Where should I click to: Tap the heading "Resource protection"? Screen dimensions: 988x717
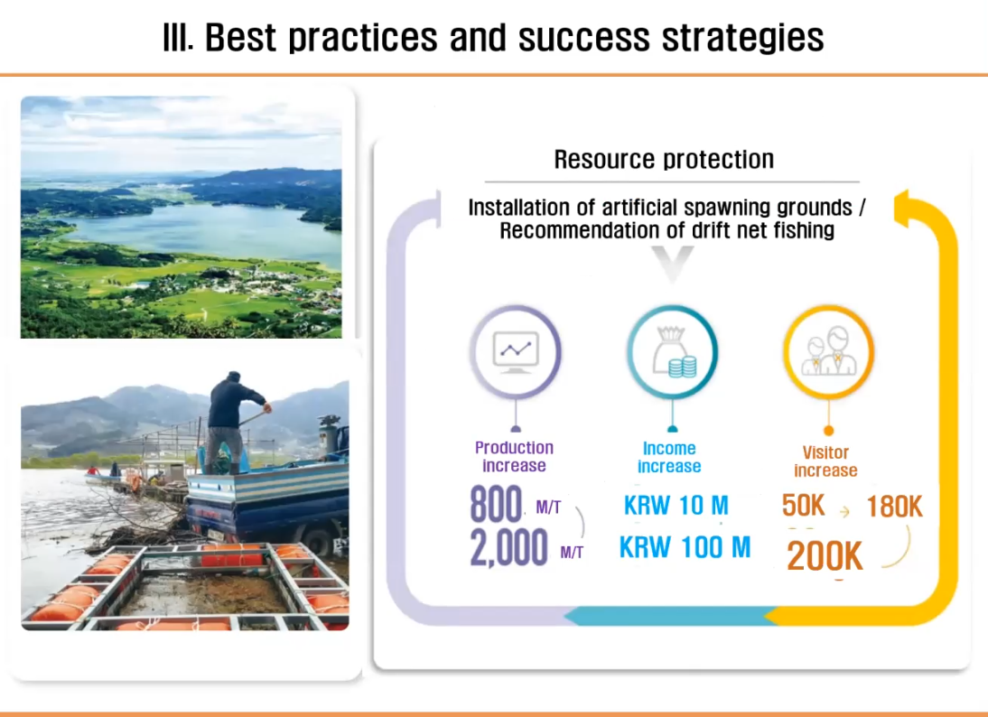click(x=664, y=160)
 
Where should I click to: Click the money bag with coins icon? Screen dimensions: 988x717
click(x=674, y=351)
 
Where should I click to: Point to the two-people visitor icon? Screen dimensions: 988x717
click(x=828, y=351)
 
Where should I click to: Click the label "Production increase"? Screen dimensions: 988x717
click(x=514, y=457)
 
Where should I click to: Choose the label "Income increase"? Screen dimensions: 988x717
click(x=669, y=458)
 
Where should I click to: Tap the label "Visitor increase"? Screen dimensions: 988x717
click(x=825, y=461)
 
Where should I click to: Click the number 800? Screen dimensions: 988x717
click(x=496, y=504)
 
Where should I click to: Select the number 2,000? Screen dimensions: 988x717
click(x=509, y=547)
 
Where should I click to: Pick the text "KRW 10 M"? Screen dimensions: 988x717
click(x=676, y=506)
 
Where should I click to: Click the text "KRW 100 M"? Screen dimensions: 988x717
click(x=685, y=547)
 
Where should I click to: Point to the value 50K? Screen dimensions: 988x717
click(x=804, y=506)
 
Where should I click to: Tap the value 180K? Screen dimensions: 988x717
click(x=894, y=507)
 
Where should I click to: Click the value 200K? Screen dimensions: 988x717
click(x=825, y=556)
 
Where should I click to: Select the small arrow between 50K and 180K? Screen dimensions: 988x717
click(x=845, y=512)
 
